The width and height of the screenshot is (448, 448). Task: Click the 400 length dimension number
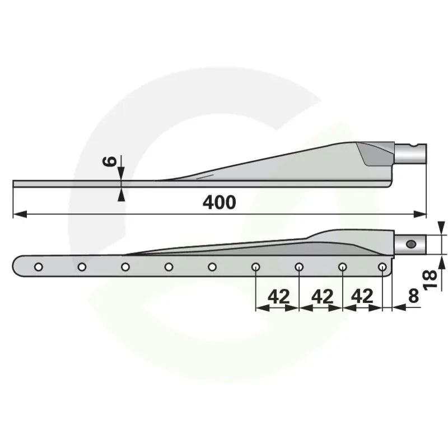coord(219,202)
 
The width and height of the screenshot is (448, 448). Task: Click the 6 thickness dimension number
coord(109,161)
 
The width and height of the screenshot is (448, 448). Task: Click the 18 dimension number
coord(430,280)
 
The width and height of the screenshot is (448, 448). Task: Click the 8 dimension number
coord(413,296)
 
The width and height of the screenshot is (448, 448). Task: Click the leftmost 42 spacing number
coord(278,296)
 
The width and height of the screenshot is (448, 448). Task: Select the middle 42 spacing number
coord(323,296)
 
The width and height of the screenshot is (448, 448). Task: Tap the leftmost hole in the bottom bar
coord(39,267)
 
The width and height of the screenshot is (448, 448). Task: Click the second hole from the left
coord(82,267)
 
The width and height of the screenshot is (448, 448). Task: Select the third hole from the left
coord(125,267)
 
